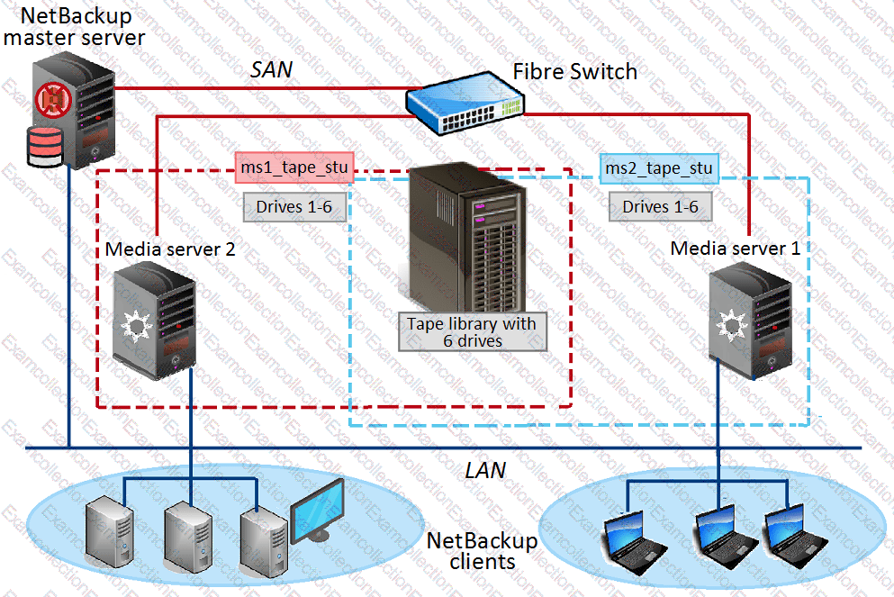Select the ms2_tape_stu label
[659, 168]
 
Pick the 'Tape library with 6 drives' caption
[472, 331]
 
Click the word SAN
[271, 69]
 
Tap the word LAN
[485, 470]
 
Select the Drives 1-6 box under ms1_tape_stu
[293, 207]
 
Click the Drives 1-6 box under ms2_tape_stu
[659, 207]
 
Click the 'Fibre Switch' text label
[574, 71]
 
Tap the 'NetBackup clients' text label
[482, 551]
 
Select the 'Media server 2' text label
[170, 249]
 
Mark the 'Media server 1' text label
[735, 248]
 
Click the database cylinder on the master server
[44, 147]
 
